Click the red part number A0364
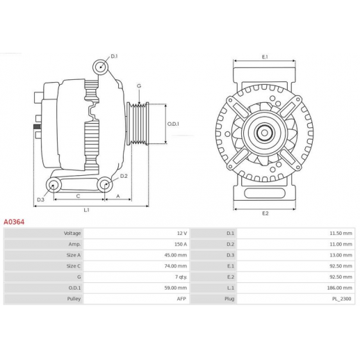(x=14, y=222)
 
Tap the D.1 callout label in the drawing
(x=114, y=56)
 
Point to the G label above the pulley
(x=139, y=86)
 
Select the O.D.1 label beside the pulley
(x=173, y=124)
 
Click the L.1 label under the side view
(x=86, y=210)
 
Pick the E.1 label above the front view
(x=265, y=57)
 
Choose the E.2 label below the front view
(x=265, y=213)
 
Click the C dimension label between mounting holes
(x=78, y=196)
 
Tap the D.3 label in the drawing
(x=40, y=199)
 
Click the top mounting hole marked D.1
(x=101, y=67)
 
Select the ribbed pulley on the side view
(x=138, y=124)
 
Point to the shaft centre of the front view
(x=264, y=133)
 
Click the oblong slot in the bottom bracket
(x=264, y=193)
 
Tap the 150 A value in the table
(x=181, y=244)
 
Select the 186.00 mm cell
(x=341, y=288)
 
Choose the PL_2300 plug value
(x=342, y=299)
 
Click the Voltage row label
(x=72, y=234)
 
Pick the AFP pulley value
(x=181, y=299)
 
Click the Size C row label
(x=74, y=266)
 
